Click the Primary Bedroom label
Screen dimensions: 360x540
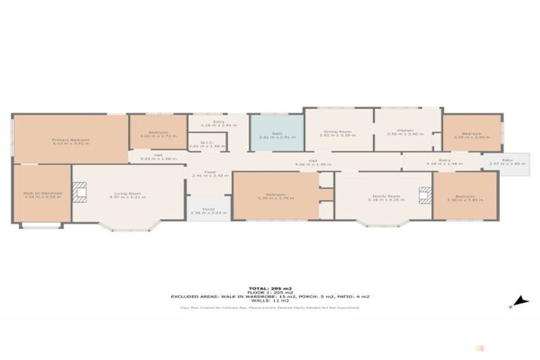71,139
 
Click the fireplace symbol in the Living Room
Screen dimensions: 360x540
81,193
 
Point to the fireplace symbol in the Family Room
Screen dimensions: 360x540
425,195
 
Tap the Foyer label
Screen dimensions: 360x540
210,172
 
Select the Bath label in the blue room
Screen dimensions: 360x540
276,136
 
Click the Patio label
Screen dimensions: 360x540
497,161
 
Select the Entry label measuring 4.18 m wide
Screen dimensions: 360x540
444,160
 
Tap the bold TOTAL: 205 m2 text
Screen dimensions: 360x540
270,288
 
